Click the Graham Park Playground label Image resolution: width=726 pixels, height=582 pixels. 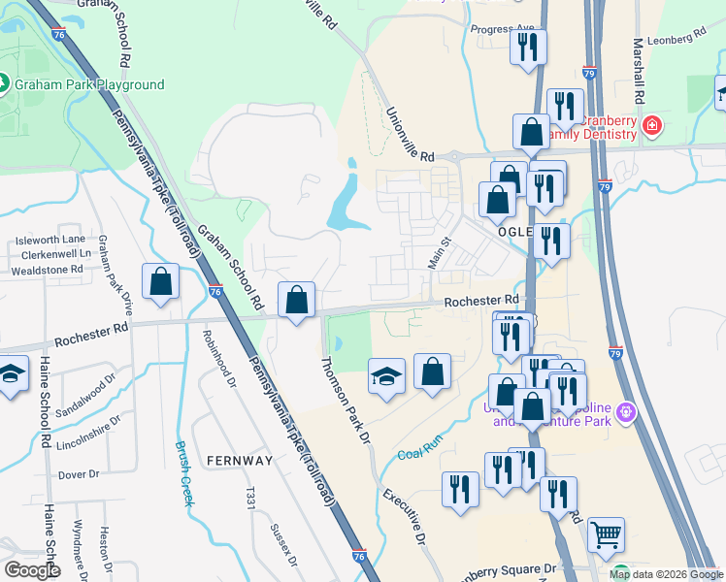88,84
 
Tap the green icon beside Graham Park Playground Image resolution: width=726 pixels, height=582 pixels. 3,84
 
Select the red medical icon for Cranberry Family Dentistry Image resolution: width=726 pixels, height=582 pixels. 651,126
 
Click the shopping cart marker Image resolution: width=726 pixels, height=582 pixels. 606,533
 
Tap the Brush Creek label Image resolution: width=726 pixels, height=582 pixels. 185,473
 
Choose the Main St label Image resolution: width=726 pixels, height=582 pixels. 440,255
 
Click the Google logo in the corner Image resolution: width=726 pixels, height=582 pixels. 32,570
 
